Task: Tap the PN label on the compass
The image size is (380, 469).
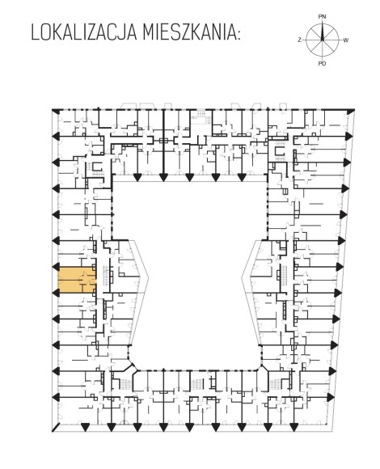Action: click(x=322, y=17)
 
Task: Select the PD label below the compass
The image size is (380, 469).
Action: click(x=323, y=63)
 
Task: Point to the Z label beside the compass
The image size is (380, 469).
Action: click(x=299, y=40)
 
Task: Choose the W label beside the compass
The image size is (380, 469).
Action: click(x=345, y=40)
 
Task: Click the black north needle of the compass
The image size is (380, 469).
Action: click(x=323, y=31)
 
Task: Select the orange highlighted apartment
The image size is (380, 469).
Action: click(x=77, y=280)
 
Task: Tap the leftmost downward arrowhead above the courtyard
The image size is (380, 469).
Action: click(x=137, y=178)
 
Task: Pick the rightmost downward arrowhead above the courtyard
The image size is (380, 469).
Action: click(x=242, y=178)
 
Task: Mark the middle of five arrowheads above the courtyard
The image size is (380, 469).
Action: click(x=189, y=178)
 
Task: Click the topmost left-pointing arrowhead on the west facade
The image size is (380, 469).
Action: click(x=56, y=137)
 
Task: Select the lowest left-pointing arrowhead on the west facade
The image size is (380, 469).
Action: click(x=56, y=397)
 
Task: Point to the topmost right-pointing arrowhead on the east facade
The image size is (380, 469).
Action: click(x=348, y=136)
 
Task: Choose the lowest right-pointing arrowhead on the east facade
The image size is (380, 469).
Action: click(x=331, y=397)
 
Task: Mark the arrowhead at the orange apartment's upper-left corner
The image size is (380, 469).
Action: click(x=56, y=267)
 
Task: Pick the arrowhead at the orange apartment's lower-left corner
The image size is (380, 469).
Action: click(x=56, y=293)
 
